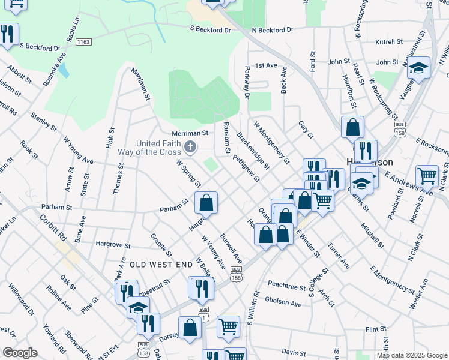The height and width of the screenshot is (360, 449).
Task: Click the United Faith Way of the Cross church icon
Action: pos(190,146)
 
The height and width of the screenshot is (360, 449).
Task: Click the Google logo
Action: pos(20,353)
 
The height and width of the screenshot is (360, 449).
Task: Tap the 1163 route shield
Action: pos(84,42)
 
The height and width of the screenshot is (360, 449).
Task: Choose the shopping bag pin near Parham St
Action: pos(206,203)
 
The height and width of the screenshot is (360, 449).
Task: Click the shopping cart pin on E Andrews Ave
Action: pos(427,176)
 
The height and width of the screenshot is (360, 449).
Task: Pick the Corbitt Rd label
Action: pos(53,224)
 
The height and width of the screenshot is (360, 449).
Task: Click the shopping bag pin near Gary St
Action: pos(352,127)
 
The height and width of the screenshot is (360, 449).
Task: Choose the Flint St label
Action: pos(375,329)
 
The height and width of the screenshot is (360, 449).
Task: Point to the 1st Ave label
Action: pos(266,65)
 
